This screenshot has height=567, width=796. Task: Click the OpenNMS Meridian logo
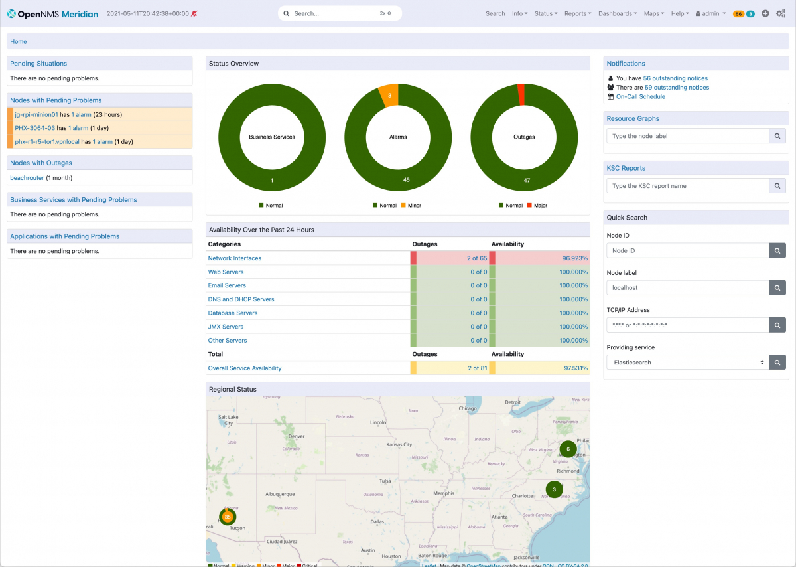[x=52, y=13]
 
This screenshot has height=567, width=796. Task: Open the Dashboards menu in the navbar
[x=617, y=13]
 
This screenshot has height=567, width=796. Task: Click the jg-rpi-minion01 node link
[x=36, y=115]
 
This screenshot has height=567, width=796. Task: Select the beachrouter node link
[x=27, y=178]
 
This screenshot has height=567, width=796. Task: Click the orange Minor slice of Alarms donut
[x=389, y=95]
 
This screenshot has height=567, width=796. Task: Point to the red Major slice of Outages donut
[x=521, y=94]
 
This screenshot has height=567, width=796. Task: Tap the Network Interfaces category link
[x=235, y=258]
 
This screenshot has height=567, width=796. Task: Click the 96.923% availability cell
[x=574, y=258]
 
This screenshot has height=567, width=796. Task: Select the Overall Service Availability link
[x=245, y=368]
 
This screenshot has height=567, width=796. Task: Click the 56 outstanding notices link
[x=675, y=78]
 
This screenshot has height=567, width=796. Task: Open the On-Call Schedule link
[x=640, y=97]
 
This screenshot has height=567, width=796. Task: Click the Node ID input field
[x=687, y=251]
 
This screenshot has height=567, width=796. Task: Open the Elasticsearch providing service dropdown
[x=687, y=363]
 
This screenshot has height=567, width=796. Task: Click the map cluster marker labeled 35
[x=228, y=517]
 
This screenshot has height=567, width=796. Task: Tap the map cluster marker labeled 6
[x=568, y=449]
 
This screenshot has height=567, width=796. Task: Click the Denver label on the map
[x=296, y=436]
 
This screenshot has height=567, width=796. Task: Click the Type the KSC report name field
[x=687, y=186]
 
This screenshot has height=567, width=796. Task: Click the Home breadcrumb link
[x=19, y=42]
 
